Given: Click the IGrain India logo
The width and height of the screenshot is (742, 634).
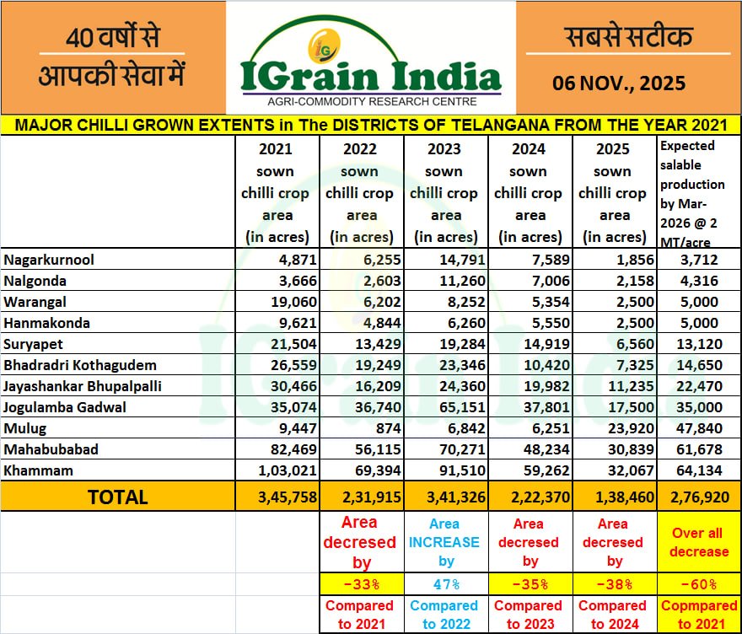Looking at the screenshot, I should pyautogui.click(x=371, y=59).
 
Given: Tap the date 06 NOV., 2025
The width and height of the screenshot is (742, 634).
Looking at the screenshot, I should pyautogui.click(x=619, y=83).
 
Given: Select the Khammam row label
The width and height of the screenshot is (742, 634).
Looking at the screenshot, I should pyautogui.click(x=39, y=470).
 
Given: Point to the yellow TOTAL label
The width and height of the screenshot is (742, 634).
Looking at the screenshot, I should pyautogui.click(x=117, y=497).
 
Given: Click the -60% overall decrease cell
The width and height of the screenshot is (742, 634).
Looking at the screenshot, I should pyautogui.click(x=699, y=584).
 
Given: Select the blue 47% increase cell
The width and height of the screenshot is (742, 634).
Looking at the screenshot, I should pyautogui.click(x=446, y=584).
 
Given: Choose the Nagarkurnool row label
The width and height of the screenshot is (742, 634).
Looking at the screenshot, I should pyautogui.click(x=49, y=260).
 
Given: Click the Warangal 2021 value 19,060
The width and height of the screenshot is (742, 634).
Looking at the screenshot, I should pyautogui.click(x=287, y=302).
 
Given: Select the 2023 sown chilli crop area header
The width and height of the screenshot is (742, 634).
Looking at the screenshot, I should pyautogui.click(x=446, y=193).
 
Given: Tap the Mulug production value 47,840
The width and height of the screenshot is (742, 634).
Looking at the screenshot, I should pyautogui.click(x=699, y=428).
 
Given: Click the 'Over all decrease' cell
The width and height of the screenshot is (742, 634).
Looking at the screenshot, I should pyautogui.click(x=699, y=542).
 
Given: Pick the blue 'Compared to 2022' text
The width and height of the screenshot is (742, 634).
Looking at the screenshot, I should pyautogui.click(x=446, y=615).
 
